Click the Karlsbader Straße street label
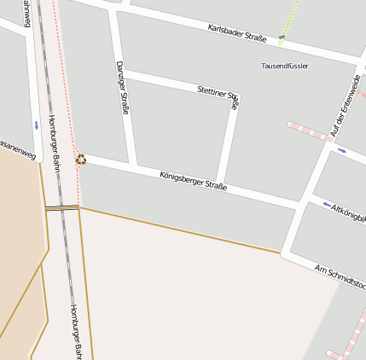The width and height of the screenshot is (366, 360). pyautogui.click(x=237, y=33)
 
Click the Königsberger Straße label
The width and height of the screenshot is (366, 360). pyautogui.click(x=194, y=180)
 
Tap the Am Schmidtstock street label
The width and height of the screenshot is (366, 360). pyautogui.click(x=340, y=276)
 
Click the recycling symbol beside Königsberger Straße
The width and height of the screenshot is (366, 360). pyautogui.click(x=81, y=159)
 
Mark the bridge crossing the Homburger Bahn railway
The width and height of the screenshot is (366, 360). pyautogui.click(x=62, y=207)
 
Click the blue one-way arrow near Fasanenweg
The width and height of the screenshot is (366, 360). pyautogui.click(x=36, y=125)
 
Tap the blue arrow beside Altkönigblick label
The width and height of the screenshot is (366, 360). pyautogui.click(x=327, y=205)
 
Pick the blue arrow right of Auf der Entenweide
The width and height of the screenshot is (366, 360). pyautogui.click(x=341, y=151)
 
